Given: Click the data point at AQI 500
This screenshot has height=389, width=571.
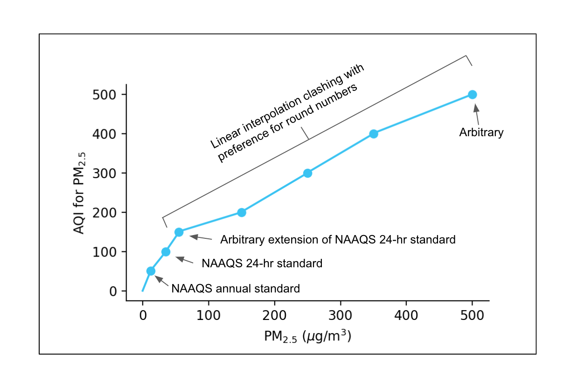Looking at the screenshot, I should tap(472, 95).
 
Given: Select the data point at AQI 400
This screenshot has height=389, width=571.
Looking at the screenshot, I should tap(373, 134).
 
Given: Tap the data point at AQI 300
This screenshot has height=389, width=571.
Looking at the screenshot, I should tap(307, 173).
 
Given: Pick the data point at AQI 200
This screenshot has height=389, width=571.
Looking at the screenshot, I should tap(242, 212).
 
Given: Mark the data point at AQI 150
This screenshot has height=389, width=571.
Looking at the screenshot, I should tap(179, 232).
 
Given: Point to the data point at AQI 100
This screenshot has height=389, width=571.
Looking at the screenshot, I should tap(166, 252).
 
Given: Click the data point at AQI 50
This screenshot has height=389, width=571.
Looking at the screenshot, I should tap(151, 271).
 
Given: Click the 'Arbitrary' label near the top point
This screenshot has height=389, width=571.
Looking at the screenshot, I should tap(481, 132).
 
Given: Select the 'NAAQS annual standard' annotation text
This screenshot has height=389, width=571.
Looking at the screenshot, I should tap(236, 288).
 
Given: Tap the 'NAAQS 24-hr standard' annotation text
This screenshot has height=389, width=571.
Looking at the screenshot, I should tap(262, 263).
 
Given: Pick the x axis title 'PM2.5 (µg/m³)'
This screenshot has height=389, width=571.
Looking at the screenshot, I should tap(307, 337).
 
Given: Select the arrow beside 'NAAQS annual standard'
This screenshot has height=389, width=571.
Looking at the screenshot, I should tap(161, 280).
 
